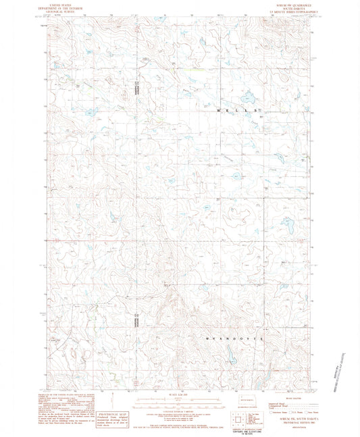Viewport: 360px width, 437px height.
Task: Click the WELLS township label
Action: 236,109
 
